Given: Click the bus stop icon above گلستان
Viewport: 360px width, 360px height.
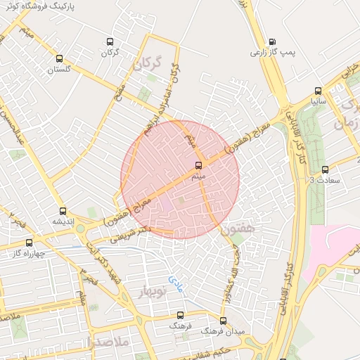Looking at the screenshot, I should tap(59, 60).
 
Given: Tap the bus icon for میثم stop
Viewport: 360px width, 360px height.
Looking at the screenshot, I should tap(199, 167).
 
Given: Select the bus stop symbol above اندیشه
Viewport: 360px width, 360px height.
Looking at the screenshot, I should tap(63, 211).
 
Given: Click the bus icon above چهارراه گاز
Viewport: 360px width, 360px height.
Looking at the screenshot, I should tap(29, 243).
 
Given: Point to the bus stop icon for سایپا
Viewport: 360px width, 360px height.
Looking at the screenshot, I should tap(319, 91).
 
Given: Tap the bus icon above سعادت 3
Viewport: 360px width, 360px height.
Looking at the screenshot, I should tap(324, 169).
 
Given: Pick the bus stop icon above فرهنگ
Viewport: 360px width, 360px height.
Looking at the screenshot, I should tap(179, 316).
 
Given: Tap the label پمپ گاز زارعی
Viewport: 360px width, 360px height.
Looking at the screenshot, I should tap(272, 52).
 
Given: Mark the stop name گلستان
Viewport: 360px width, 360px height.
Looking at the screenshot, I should tap(60, 70).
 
